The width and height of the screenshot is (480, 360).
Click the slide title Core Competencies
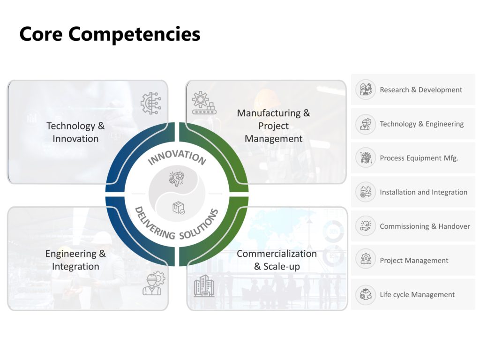(x=110, y=34)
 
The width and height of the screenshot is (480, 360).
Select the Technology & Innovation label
(x=75, y=132)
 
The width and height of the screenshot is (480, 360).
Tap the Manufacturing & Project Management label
(x=273, y=126)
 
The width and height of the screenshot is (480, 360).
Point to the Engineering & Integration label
(x=75, y=260)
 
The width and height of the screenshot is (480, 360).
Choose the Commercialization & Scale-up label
(x=277, y=260)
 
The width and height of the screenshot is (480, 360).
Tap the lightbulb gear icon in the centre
(x=177, y=178)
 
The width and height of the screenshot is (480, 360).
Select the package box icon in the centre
(x=178, y=208)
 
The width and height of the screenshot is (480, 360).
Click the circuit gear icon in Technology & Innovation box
(x=151, y=103)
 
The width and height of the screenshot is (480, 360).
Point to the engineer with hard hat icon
(x=153, y=283)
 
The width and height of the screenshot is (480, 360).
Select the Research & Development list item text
(x=421, y=90)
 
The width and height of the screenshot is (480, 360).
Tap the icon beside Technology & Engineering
(x=365, y=124)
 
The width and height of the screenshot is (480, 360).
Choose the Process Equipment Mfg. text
(x=419, y=158)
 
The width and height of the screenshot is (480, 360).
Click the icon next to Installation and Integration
(x=365, y=192)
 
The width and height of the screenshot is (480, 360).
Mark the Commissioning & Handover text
(x=425, y=226)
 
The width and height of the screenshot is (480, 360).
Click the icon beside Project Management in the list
(x=365, y=260)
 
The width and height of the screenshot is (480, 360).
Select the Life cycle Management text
(x=417, y=294)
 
